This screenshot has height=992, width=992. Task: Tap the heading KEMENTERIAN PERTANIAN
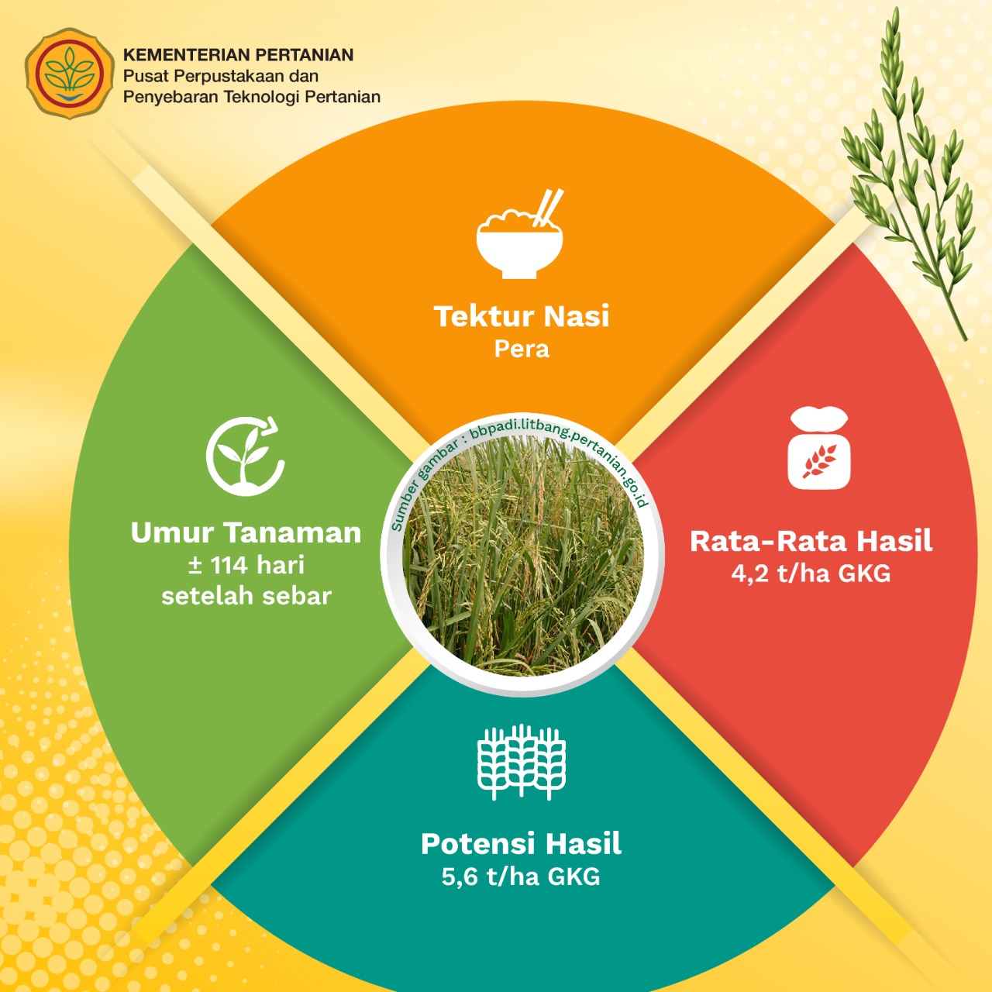coord(239,54)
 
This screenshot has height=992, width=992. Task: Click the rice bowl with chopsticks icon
coord(519,234)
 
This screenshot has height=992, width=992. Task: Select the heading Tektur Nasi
coord(522,316)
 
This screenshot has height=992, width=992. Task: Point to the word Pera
coord(522,349)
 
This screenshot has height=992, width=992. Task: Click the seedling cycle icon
coord(246,456)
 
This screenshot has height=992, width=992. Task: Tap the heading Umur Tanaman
coord(246,532)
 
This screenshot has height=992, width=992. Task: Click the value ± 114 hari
coord(246,565)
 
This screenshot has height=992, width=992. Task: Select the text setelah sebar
coord(246,596)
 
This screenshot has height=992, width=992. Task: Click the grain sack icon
coord(819,447)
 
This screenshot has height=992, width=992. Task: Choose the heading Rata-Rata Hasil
coord(811,542)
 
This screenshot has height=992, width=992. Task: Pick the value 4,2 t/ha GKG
coord(811,573)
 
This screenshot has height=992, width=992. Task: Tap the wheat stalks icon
coord(522,762)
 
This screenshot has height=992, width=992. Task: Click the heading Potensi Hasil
coord(521,844)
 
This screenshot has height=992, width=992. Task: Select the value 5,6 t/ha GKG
coord(521,877)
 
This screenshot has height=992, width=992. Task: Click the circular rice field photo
coord(522,556)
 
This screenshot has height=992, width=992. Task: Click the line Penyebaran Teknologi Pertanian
coord(252,98)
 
